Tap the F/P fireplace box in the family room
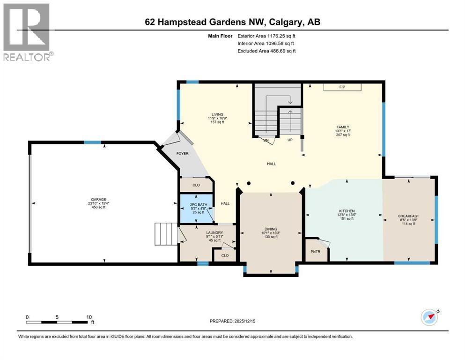[x=342, y=87]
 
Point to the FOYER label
[x=182, y=153]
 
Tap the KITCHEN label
[x=347, y=211]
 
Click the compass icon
[x=429, y=317]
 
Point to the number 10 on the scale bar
[x=89, y=317]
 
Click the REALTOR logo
[x=28, y=33]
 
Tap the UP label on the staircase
[x=290, y=140]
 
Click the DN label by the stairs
[x=265, y=140]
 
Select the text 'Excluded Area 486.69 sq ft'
[x=266, y=51]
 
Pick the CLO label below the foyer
[x=196, y=185]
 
